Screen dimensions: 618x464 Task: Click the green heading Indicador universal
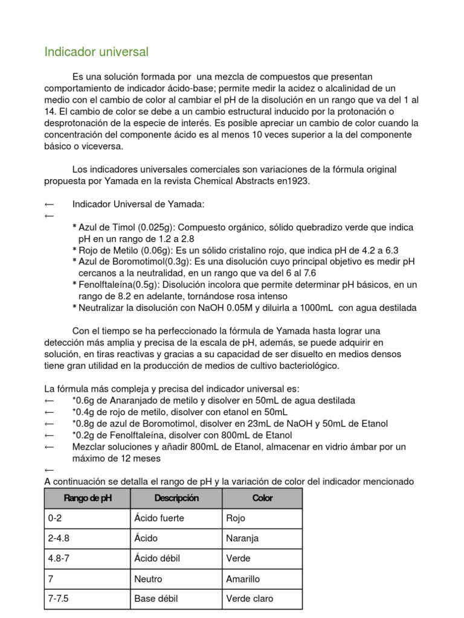(96, 53)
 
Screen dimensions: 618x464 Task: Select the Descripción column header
(176, 499)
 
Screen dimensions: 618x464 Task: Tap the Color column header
(262, 499)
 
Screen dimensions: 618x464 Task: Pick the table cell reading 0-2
(54, 518)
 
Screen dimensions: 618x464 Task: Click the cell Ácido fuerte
(159, 518)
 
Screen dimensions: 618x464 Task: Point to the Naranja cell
(242, 538)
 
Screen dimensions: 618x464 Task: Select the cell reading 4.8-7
(59, 559)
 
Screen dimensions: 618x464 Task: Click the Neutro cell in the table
(148, 579)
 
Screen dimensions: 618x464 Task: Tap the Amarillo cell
(243, 579)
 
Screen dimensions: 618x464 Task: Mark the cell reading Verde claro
(250, 599)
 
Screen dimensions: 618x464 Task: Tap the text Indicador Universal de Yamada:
(138, 205)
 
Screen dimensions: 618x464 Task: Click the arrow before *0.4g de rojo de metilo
(50, 412)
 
